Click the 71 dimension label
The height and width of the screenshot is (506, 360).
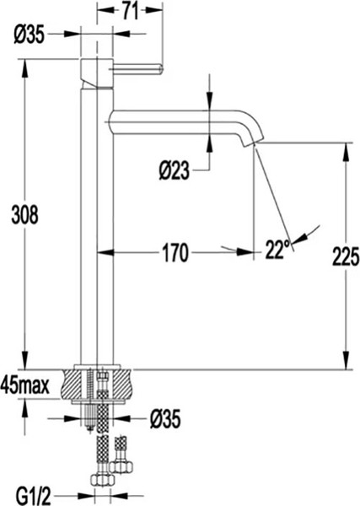pyautogui.click(x=129, y=11)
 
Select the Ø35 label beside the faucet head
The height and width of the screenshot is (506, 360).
pyautogui.click(x=30, y=35)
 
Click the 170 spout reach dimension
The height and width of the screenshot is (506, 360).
pyautogui.click(x=174, y=250)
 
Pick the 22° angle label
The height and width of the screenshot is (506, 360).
pyautogui.click(x=277, y=248)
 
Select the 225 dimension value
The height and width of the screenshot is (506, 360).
pyautogui.click(x=345, y=255)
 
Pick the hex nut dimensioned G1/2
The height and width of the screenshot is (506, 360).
pyautogui.click(x=102, y=480)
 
